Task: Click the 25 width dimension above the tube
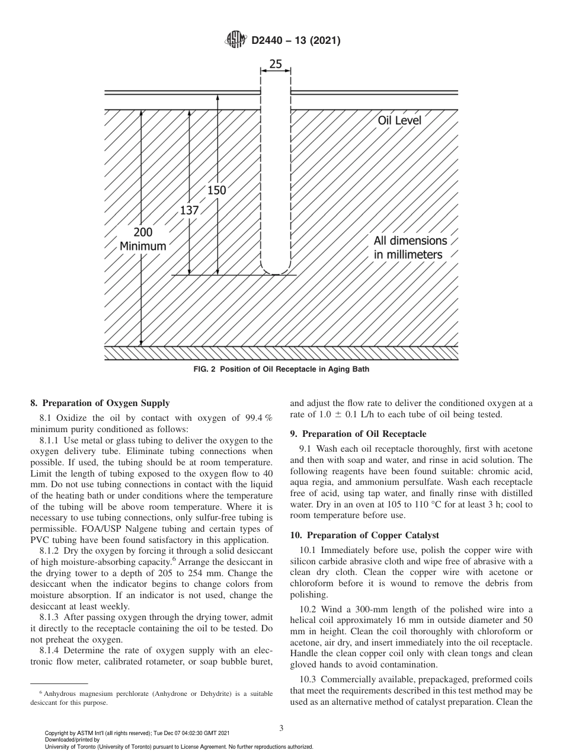point(276,63)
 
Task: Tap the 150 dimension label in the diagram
point(217,190)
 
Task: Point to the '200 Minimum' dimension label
point(143,239)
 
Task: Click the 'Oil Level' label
point(399,120)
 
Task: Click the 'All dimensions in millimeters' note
point(410,248)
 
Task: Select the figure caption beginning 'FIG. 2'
point(281,369)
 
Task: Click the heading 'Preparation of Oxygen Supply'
point(100,403)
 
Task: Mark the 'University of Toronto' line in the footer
point(179,747)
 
